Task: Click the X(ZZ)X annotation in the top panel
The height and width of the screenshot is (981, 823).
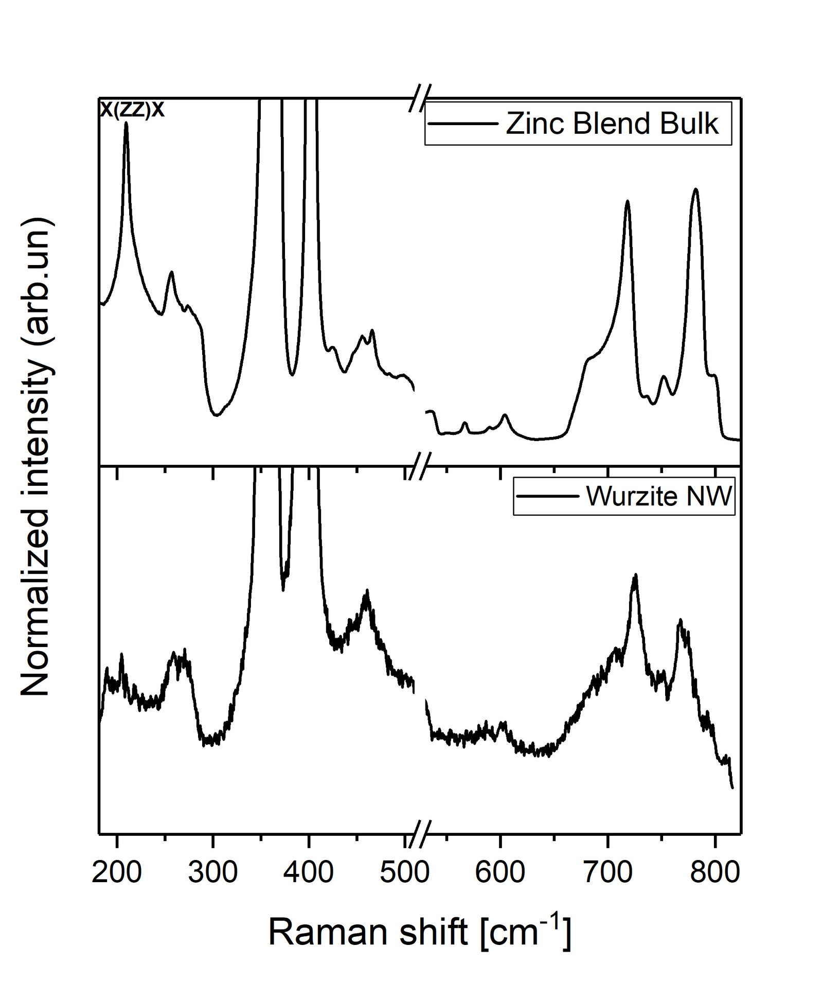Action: coord(132,110)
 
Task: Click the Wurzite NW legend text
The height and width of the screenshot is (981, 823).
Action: coord(659,497)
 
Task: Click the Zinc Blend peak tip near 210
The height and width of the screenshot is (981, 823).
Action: coord(126,123)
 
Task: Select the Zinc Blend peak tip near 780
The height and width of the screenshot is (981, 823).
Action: coord(695,189)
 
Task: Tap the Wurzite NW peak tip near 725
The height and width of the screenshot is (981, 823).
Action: coord(636,574)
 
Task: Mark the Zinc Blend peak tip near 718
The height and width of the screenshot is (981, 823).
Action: coord(627,201)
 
